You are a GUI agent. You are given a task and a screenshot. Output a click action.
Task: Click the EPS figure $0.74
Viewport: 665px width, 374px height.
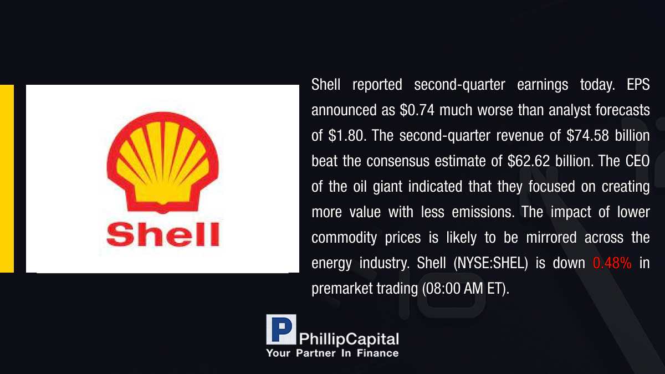coord(417,110)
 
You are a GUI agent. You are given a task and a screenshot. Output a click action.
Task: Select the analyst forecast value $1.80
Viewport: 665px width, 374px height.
coord(347,136)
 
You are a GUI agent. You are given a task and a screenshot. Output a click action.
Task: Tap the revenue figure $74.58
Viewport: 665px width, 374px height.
coord(587,136)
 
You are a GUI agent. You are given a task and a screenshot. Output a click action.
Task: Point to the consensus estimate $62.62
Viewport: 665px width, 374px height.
coord(529,161)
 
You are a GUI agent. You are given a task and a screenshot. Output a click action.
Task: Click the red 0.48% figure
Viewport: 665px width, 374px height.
coord(612,263)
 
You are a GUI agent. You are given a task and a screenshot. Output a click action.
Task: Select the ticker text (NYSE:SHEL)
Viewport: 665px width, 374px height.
coord(491,263)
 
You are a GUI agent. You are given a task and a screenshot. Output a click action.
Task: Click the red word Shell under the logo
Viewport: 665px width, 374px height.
coord(163,234)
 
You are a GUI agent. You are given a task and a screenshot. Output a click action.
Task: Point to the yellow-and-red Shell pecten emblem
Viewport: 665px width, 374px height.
coord(163,163)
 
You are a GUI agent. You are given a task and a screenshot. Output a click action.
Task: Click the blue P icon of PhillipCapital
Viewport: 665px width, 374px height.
coord(281,330)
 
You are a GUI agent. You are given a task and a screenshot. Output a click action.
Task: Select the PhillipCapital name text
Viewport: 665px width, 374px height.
coord(349,339)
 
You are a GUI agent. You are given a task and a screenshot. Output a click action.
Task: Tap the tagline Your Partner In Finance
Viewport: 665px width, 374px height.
coord(332,353)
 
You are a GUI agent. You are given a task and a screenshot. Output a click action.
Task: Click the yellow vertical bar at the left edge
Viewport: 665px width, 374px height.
coord(7,178)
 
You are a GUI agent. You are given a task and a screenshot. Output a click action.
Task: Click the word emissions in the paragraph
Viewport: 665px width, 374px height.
coord(483,212)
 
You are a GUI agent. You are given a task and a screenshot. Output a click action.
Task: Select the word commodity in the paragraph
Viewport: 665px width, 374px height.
coord(344,238)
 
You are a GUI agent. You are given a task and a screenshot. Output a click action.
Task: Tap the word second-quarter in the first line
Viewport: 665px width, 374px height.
coord(459,85)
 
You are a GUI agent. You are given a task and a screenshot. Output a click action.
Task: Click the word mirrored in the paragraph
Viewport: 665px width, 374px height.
coord(551,238)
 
